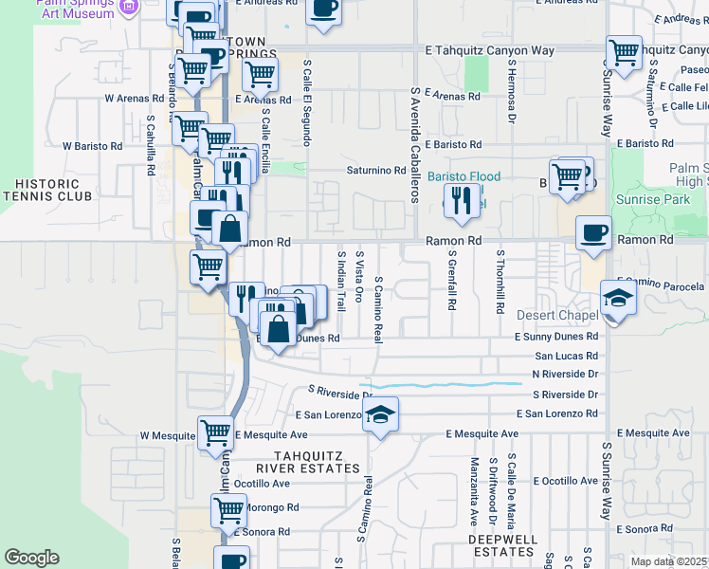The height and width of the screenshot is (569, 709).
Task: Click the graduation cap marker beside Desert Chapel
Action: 618,299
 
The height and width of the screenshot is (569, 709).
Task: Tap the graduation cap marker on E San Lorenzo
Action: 380,414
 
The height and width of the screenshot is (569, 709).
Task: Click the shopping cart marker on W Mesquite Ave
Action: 215,432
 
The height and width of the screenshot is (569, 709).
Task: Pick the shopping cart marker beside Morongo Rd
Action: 228,510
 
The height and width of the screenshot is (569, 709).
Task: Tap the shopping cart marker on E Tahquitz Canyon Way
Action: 624,52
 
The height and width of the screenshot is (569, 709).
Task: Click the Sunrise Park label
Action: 660,200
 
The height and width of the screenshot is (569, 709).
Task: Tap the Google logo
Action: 31,558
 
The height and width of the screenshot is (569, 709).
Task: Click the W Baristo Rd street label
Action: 92,146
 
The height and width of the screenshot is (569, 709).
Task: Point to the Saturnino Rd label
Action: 374,171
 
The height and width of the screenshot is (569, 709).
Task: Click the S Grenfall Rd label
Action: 453,282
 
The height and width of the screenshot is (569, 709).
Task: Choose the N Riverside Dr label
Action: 565,374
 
